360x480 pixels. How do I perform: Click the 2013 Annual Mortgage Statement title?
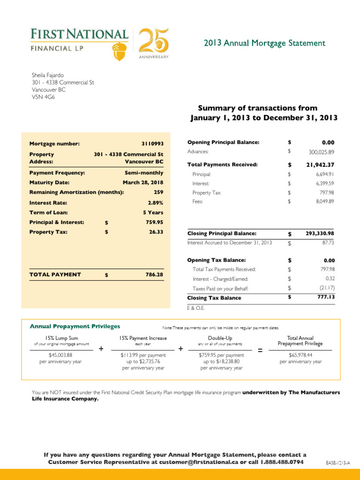tap(264, 44)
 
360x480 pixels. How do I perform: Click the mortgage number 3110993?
tap(152, 144)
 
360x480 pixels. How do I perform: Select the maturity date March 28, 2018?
tap(143, 182)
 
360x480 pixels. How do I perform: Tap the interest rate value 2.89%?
tap(154, 203)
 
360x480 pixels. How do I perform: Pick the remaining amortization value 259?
tap(158, 192)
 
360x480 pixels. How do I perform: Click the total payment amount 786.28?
tap(154, 275)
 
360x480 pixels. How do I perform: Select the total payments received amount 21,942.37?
tap(320, 165)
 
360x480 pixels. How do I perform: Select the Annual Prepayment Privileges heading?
tap(75, 326)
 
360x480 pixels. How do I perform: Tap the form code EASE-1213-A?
tap(338, 463)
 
